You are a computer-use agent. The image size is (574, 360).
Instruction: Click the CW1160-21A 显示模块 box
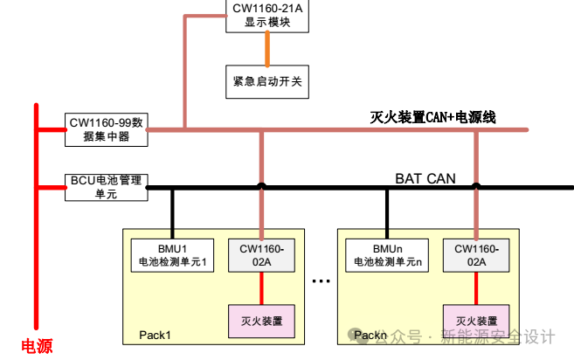point(267,17)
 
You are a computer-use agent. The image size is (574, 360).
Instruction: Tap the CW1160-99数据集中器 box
point(107,129)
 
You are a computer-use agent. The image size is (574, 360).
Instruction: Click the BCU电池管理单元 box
point(107,187)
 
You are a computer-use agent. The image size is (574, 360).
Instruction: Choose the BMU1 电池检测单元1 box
point(171,254)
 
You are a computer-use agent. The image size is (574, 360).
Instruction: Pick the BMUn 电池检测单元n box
point(387,254)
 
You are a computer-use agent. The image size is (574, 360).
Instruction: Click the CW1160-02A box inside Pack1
point(261,254)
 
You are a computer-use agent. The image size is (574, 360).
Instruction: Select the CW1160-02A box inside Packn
point(476,254)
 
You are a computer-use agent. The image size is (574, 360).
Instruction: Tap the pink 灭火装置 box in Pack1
point(261,321)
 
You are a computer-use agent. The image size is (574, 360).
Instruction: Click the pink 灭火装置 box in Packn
point(476,321)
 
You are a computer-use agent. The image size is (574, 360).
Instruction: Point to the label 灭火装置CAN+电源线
point(432,116)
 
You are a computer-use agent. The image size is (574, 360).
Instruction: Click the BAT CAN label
point(425,178)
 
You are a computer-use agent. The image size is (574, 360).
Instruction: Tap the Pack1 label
point(156,336)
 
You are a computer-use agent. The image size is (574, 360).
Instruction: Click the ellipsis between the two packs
point(321,281)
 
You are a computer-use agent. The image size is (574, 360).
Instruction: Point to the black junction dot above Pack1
point(261,186)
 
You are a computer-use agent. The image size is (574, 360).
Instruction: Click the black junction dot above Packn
point(476,186)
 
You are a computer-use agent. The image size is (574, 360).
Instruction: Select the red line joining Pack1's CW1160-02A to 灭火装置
point(261,287)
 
